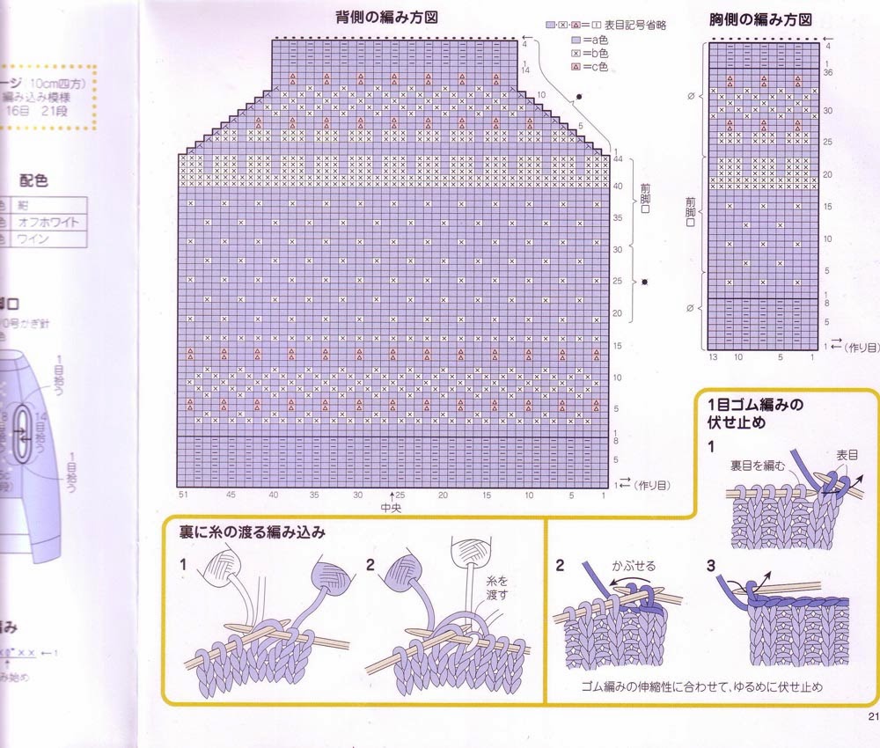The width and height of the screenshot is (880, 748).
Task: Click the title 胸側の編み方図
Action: pyautogui.click(x=760, y=19)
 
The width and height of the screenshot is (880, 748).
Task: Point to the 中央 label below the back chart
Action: pyautogui.click(x=391, y=509)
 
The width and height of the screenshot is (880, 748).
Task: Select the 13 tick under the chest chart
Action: pyautogui.click(x=712, y=357)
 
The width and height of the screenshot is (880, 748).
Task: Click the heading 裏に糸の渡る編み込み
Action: pyautogui.click(x=249, y=532)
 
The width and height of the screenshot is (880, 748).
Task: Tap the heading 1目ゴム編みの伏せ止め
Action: pyautogui.click(x=756, y=413)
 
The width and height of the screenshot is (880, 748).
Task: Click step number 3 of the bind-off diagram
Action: pyautogui.click(x=711, y=564)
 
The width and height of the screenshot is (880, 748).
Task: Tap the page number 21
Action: pyautogui.click(x=872, y=716)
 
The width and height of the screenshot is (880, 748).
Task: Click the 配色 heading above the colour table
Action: pyautogui.click(x=33, y=181)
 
